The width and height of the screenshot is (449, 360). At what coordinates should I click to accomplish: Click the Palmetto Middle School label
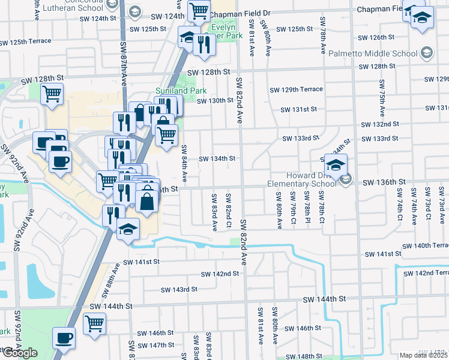coord(376,54)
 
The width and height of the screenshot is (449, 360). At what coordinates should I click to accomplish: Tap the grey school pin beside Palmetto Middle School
coord(426,53)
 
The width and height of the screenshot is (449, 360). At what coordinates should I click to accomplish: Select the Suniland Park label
coord(181,91)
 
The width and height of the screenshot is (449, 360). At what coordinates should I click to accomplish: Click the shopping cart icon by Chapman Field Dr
coord(198,10)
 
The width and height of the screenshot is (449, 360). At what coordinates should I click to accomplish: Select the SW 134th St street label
coord(217,158)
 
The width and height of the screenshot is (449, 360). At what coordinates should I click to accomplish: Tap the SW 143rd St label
coord(177,289)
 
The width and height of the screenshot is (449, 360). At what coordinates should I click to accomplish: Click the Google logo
coord(20,353)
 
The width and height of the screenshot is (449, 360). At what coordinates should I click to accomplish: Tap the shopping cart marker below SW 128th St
coord(52,93)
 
